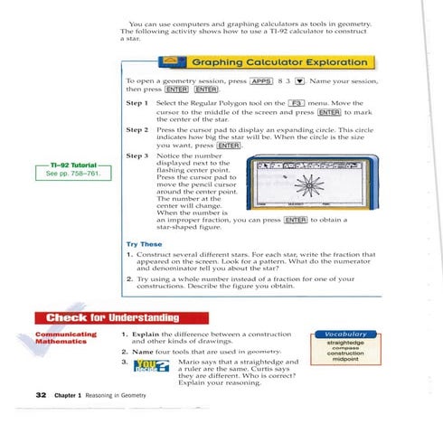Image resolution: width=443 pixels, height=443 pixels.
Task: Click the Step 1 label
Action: (137, 105)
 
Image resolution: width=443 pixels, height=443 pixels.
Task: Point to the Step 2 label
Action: (137, 129)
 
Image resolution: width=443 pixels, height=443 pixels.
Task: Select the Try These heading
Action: (144, 244)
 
